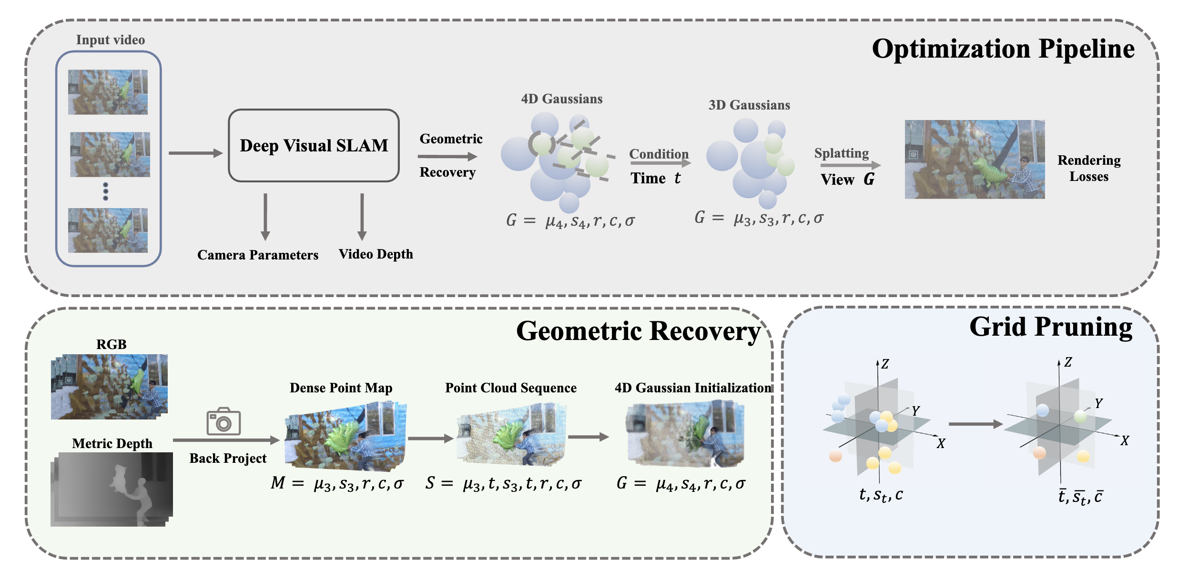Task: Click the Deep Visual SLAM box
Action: pos(314,146)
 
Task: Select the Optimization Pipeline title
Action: pos(1003,49)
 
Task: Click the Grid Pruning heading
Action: pos(1050,327)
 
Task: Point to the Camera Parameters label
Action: pos(258,255)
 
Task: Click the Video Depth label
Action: pos(376,254)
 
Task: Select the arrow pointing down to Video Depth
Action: pos(362,217)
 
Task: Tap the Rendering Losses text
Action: pos(1089,168)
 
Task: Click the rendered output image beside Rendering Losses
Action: pos(975,159)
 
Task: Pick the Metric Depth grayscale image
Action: pos(112,489)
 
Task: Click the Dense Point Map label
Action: pos(341,388)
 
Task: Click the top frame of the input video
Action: pos(108,92)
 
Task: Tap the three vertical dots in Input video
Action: pos(106,191)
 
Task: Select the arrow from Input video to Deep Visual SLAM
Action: pos(195,153)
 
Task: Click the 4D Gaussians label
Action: pos(561,99)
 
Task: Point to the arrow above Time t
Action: pos(660,163)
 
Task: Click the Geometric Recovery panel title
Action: pos(638,331)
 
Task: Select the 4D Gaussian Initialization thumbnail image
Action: pos(685,434)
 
